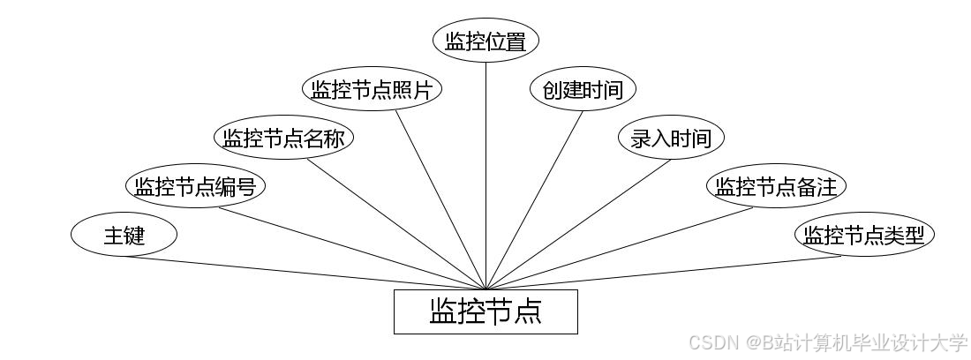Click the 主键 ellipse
pyautogui.click(x=124, y=236)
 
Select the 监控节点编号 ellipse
pyautogui.click(x=195, y=186)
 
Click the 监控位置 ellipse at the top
pyautogui.click(x=485, y=41)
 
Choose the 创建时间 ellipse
pyautogui.click(x=583, y=89)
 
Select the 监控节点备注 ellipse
pyautogui.click(x=777, y=186)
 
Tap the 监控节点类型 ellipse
pyautogui.click(x=864, y=236)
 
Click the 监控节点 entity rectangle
pyautogui.click(x=485, y=311)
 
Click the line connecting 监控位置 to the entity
pyautogui.click(x=485, y=176)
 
